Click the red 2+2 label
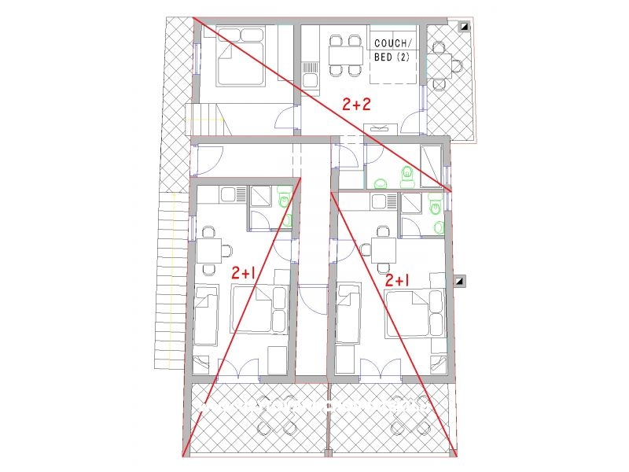(x=356, y=104)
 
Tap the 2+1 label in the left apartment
(x=243, y=273)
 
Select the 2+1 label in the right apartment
(x=397, y=279)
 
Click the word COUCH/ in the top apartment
(x=392, y=44)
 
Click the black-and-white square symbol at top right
(x=465, y=26)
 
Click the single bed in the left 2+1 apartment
(x=206, y=315)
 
